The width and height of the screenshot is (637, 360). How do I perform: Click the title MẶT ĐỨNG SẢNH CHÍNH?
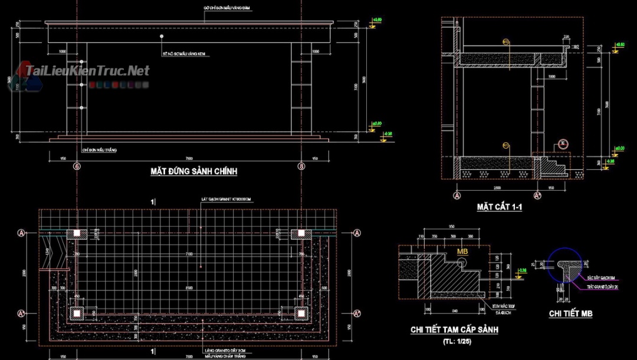point(193,172)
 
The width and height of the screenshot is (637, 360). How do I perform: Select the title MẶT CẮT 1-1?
point(500,207)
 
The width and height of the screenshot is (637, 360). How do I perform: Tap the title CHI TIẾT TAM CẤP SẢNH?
point(454,330)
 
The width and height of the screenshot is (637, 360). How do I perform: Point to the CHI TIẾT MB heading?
point(570,313)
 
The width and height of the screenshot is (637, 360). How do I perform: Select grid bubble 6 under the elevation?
point(76,167)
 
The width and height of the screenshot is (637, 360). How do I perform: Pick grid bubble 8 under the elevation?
point(302,167)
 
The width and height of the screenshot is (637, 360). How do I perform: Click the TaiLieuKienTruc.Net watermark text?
point(87,71)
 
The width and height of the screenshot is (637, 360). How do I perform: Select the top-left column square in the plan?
point(76,234)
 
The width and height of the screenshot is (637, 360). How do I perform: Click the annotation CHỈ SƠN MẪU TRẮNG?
point(100,150)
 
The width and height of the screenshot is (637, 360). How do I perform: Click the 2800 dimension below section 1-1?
point(497,188)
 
